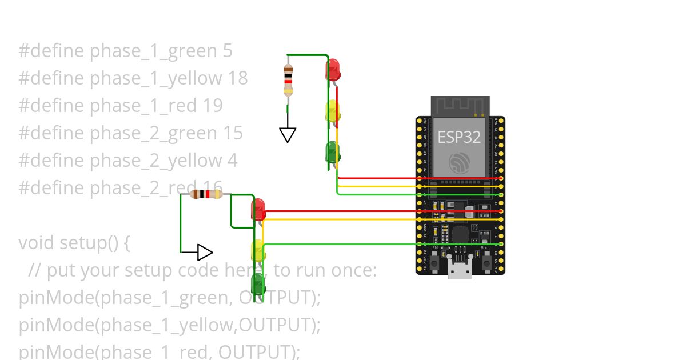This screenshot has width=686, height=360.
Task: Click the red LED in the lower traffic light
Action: click(x=258, y=209)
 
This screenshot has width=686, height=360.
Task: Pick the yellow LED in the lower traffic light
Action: click(x=258, y=251)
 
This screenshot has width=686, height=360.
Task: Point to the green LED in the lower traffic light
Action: click(x=258, y=284)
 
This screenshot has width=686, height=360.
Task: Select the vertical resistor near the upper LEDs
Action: click(x=288, y=79)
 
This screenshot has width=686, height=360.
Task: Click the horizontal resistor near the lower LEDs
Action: click(x=206, y=194)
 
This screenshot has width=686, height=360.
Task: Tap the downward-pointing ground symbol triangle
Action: click(x=288, y=135)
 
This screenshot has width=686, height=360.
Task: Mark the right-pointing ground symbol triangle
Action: click(x=205, y=252)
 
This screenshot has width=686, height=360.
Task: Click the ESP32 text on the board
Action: click(x=459, y=137)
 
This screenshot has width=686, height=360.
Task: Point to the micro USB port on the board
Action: click(x=460, y=269)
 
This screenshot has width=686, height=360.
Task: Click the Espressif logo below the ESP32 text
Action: click(x=460, y=163)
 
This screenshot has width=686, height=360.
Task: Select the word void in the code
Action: click(x=37, y=243)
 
